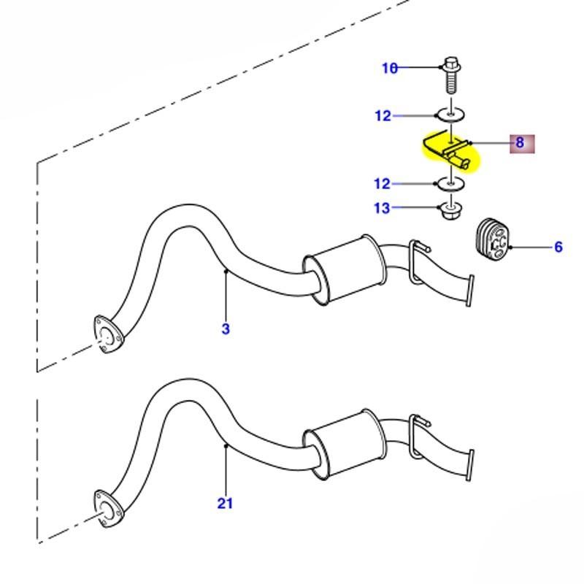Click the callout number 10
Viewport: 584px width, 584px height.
[x=390, y=68]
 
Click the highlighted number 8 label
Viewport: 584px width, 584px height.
[x=520, y=142]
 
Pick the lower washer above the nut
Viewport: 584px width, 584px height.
[x=450, y=184]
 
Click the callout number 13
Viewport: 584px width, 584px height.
[x=382, y=209]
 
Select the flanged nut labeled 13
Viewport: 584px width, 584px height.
[x=450, y=212]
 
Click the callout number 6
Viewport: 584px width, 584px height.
[x=558, y=247]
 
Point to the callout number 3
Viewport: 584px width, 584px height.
[x=226, y=329]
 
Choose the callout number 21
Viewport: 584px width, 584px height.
[x=225, y=503]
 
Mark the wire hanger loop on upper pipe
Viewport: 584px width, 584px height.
[x=417, y=260]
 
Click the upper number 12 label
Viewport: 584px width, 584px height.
[x=383, y=116]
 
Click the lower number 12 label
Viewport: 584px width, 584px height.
[x=383, y=184]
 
